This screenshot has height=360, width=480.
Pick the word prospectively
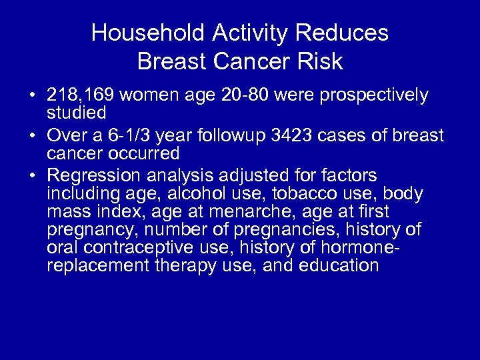(382, 95)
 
